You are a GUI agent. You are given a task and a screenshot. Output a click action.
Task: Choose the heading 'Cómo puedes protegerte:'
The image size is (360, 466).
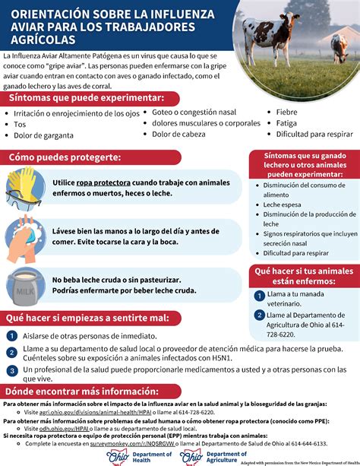point(65,157)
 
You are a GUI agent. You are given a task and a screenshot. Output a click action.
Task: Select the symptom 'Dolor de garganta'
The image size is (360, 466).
point(43,135)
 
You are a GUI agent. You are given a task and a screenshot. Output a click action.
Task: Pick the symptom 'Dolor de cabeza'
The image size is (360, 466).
point(179,134)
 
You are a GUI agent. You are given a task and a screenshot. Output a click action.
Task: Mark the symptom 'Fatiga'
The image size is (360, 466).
point(287,123)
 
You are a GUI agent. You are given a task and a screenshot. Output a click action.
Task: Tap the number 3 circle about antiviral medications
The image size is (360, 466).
point(11,371)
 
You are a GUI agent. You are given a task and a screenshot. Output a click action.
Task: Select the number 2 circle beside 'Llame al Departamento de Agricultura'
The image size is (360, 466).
point(260,316)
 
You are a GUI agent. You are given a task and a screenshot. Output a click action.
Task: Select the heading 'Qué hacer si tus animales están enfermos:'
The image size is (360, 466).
point(303,276)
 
